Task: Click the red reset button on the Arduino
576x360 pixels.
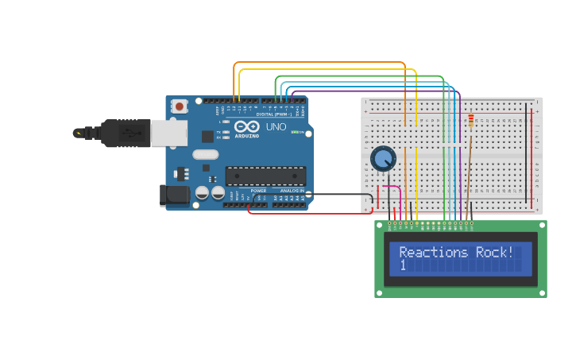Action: tap(180, 106)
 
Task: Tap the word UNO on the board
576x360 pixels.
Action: tap(276, 126)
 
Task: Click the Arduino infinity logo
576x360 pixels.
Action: tap(246, 126)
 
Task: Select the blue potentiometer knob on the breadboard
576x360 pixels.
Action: tap(383, 159)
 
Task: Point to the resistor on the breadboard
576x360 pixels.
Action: tap(470, 121)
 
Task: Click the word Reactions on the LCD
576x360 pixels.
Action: tap(434, 252)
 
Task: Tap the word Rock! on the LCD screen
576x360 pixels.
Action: tap(494, 252)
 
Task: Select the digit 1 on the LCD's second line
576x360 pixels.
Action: tap(403, 265)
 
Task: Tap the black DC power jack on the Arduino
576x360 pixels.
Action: tap(173, 195)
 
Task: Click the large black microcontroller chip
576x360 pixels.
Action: tap(265, 176)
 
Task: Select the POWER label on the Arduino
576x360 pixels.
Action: tap(258, 192)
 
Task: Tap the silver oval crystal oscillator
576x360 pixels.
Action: tap(205, 155)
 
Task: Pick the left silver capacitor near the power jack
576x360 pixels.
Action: tap(202, 193)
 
